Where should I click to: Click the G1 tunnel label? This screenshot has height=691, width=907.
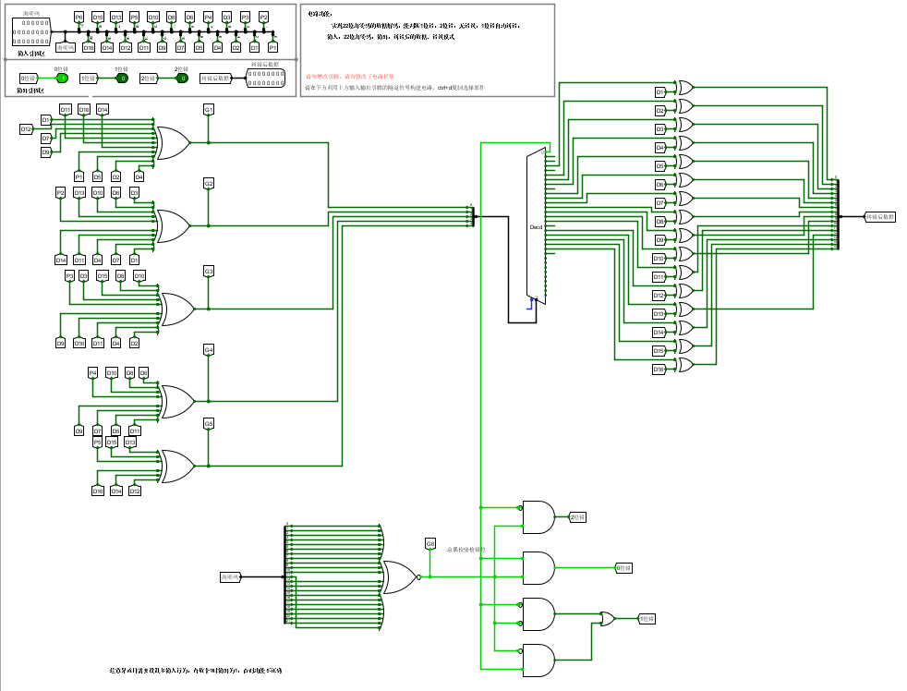pyautogui.click(x=209, y=110)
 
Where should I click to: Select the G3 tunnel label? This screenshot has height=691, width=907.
pyautogui.click(x=209, y=271)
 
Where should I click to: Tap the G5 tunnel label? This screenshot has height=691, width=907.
pyautogui.click(x=209, y=423)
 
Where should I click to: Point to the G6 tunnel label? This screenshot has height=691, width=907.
pyautogui.click(x=430, y=544)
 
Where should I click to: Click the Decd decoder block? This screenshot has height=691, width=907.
pyautogui.click(x=536, y=226)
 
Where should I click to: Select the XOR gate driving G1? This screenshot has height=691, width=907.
pyautogui.click(x=173, y=142)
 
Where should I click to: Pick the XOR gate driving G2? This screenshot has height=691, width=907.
pyautogui.click(x=173, y=224)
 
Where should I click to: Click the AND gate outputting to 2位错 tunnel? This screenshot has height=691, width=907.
pyautogui.click(x=538, y=517)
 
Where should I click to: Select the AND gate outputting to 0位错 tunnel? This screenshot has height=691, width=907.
pyautogui.click(x=538, y=567)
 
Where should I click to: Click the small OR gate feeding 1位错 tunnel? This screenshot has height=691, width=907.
pyautogui.click(x=607, y=619)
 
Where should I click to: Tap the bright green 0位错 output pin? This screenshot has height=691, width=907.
pyautogui.click(x=62, y=79)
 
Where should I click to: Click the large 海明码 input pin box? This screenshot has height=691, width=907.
pyautogui.click(x=33, y=34)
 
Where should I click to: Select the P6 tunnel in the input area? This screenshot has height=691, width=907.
pyautogui.click(x=79, y=18)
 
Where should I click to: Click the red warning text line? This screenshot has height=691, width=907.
pyautogui.click(x=350, y=76)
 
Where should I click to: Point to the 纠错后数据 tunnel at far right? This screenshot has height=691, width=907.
pyautogui.click(x=880, y=216)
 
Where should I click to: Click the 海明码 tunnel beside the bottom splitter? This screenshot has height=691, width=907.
pyautogui.click(x=230, y=576)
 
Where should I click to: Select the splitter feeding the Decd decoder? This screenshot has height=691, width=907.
pyautogui.click(x=473, y=215)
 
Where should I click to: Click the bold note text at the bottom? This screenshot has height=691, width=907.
pyautogui.click(x=195, y=670)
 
